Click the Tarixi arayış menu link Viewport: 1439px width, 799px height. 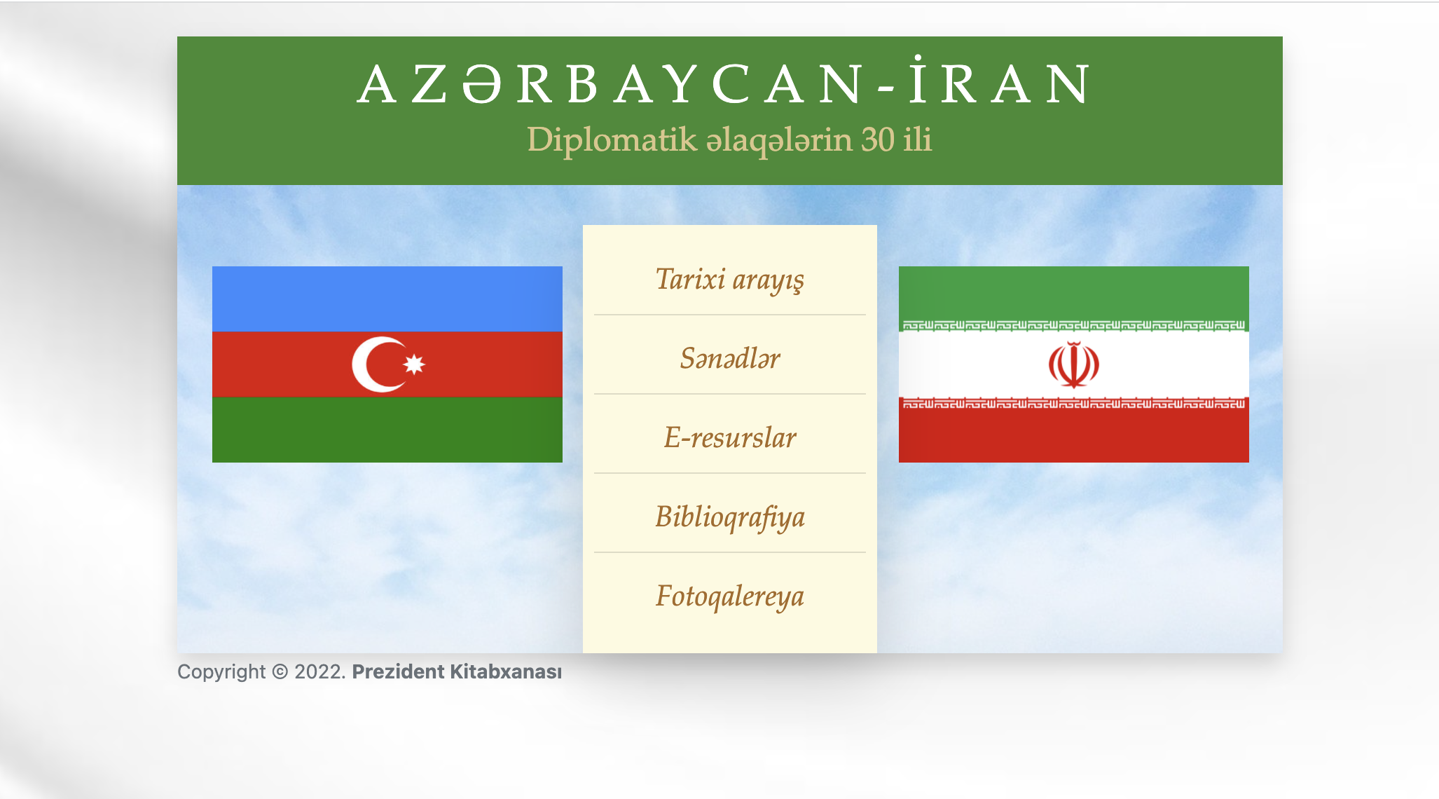[x=729, y=280]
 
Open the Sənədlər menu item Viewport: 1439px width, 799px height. [x=729, y=358]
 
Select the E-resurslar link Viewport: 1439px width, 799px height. [x=729, y=437]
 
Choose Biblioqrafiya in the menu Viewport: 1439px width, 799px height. [x=729, y=517]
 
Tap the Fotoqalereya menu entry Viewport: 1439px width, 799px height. [x=729, y=596]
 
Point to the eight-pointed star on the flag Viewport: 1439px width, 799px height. [x=414, y=364]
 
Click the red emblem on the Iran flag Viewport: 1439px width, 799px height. [x=1073, y=364]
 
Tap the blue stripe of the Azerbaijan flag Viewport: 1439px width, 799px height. [x=387, y=299]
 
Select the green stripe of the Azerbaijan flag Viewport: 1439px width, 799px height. [x=387, y=430]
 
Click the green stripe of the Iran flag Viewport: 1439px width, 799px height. [x=1073, y=294]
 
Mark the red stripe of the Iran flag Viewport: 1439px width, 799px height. [x=1073, y=435]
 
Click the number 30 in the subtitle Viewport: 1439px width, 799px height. [x=878, y=139]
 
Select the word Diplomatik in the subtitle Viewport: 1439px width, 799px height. [x=612, y=139]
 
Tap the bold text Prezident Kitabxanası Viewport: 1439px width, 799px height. [x=457, y=671]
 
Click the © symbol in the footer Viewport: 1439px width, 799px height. [x=280, y=671]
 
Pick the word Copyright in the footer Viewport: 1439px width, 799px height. [x=221, y=672]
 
